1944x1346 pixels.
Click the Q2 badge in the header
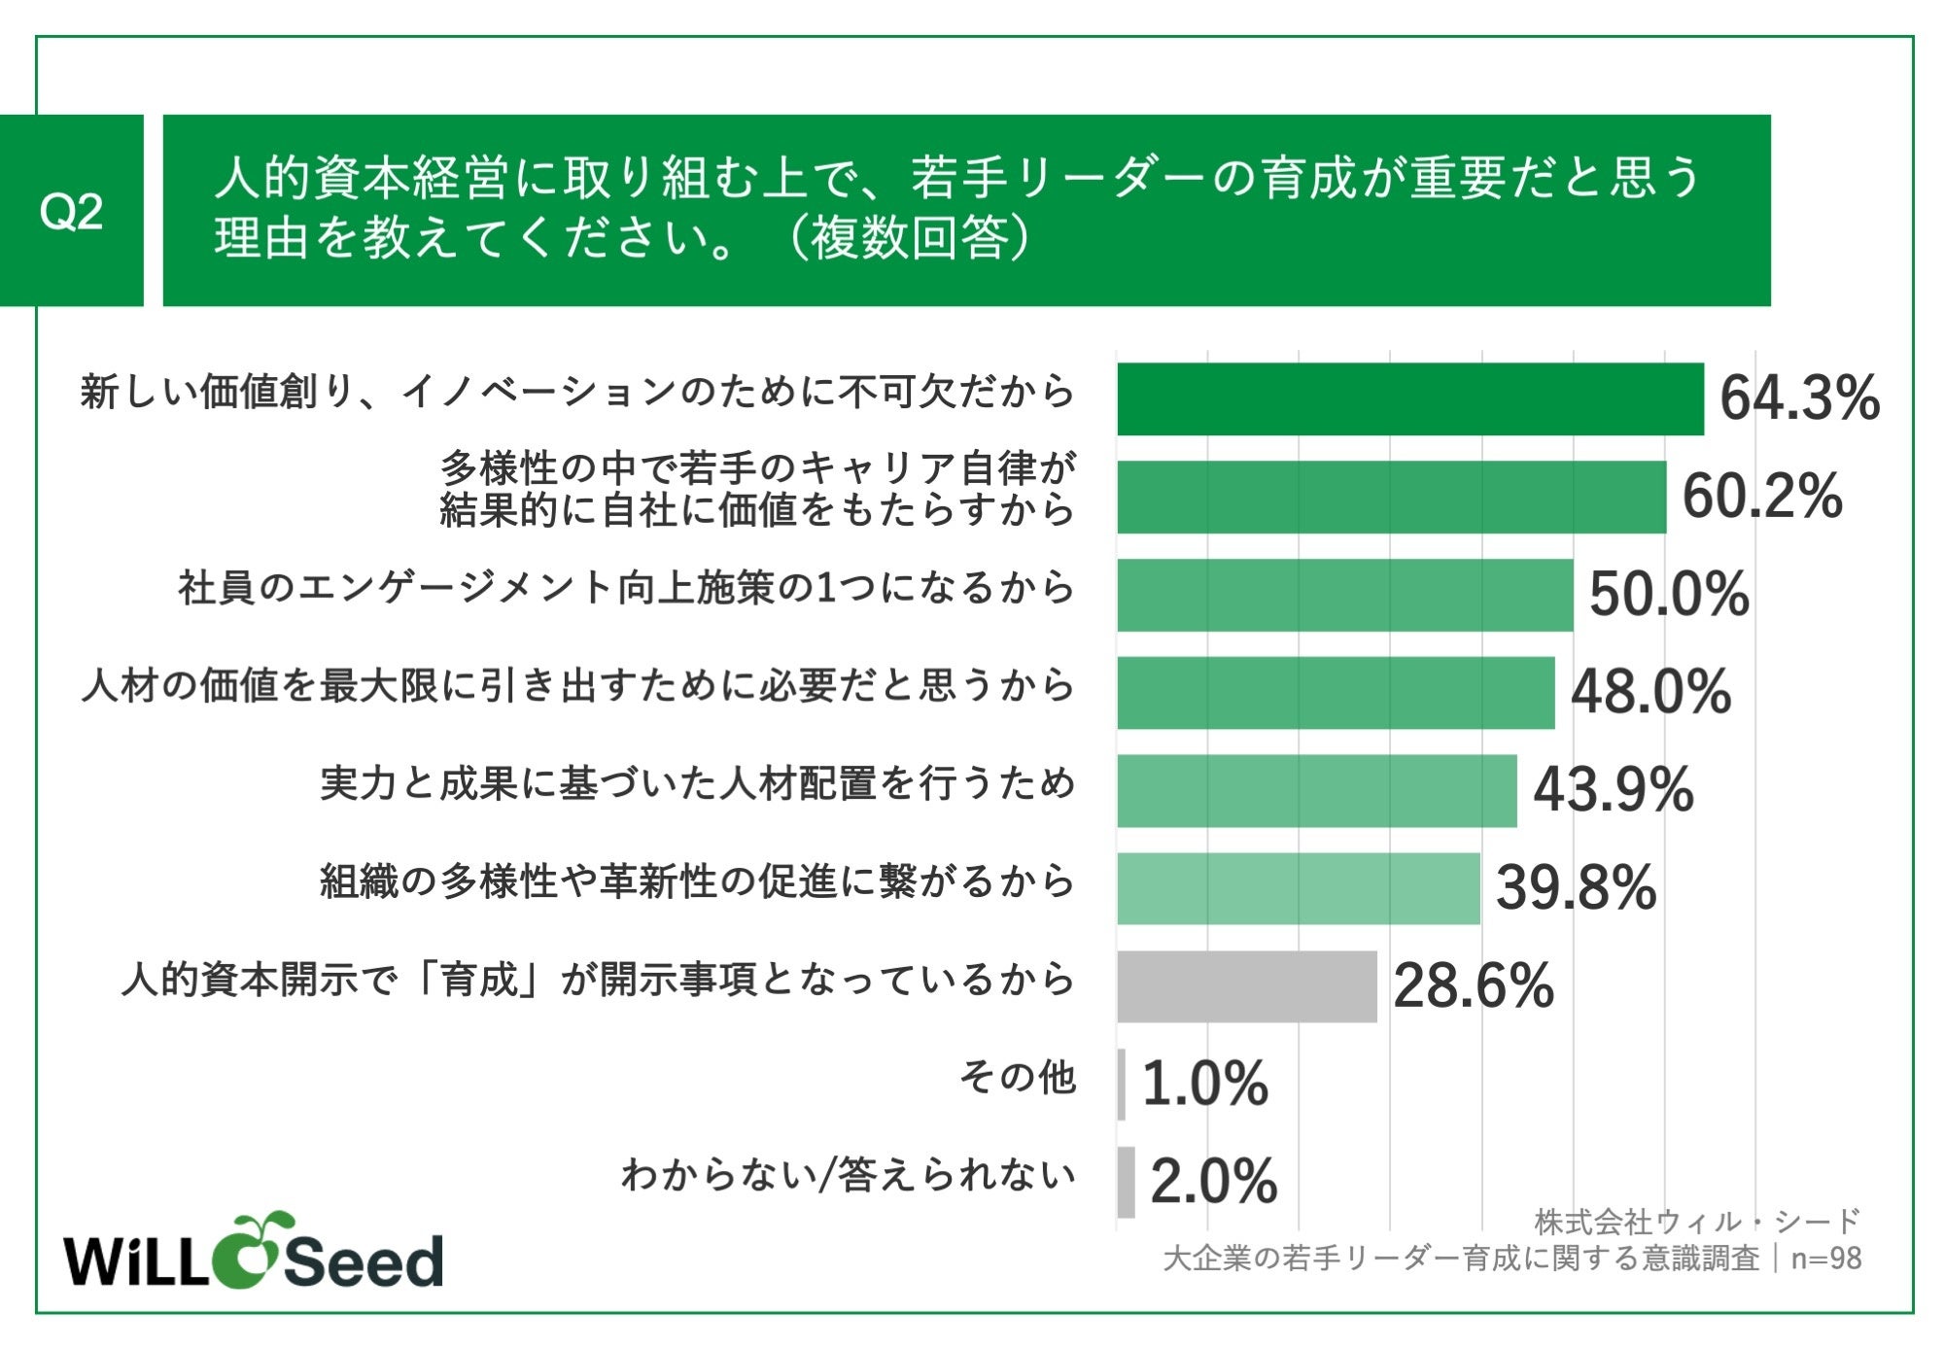click(71, 211)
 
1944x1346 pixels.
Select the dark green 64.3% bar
click(1409, 398)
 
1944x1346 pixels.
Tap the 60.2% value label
click(1761, 497)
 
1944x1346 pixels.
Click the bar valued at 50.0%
click(1344, 595)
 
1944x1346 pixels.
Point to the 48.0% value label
click(1650, 693)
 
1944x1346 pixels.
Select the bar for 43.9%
click(1316, 790)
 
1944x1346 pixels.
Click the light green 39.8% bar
click(1298, 888)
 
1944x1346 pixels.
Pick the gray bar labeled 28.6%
click(1246, 986)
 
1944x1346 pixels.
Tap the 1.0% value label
click(1204, 1085)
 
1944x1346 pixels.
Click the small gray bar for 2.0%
click(1126, 1182)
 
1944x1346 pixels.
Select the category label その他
click(1018, 1077)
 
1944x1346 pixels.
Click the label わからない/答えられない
click(849, 1175)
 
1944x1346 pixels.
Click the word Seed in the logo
click(363, 1261)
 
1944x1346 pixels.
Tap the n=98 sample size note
click(1825, 1259)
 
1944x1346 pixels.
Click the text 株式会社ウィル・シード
click(1696, 1221)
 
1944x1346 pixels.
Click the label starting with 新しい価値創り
click(577, 392)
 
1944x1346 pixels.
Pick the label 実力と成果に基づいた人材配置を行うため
click(697, 783)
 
